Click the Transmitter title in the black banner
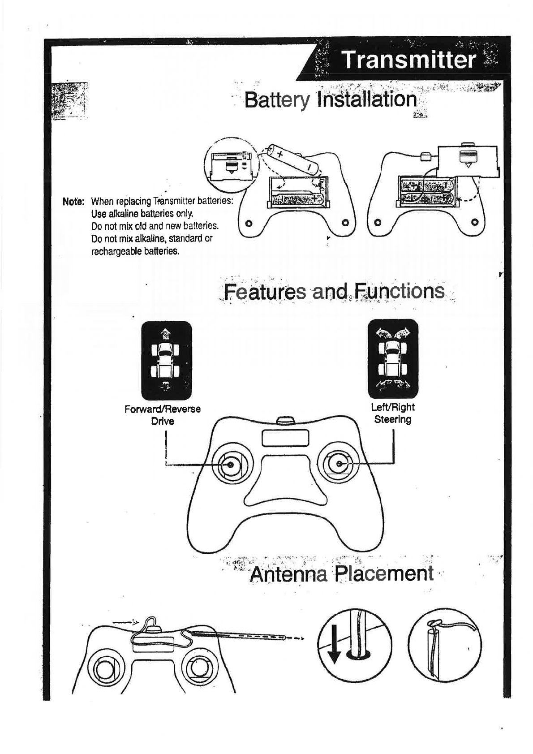coord(408,60)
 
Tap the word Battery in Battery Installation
coord(277,100)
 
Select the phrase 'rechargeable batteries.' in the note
coord(135,251)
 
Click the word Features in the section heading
coord(264,292)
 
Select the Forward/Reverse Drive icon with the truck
coord(166,360)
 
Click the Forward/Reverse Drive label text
coord(163,415)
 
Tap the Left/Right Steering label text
coord(393,413)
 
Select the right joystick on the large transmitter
coord(339,465)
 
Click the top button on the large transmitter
coord(285,420)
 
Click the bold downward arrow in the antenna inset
coord(333,649)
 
